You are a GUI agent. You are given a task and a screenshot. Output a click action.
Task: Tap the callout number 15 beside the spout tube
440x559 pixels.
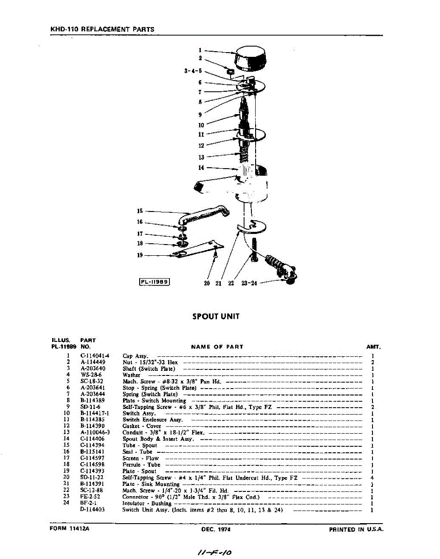click(140, 211)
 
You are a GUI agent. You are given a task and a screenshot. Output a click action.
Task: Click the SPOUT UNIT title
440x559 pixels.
click(216, 316)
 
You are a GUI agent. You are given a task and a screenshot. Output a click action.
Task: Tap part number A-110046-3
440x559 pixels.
click(95, 432)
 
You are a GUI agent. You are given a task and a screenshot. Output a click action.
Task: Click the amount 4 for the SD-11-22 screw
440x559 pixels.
click(373, 477)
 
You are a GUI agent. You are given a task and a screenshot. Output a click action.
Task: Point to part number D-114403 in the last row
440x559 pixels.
click(92, 510)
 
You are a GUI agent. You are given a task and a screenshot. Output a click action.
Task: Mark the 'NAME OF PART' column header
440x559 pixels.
click(217, 347)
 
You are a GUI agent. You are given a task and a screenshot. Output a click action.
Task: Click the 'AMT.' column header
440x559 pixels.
click(374, 347)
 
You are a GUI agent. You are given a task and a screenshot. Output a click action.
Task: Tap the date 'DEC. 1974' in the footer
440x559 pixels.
click(216, 530)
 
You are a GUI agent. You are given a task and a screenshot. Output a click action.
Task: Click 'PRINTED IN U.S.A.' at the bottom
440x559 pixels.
click(356, 530)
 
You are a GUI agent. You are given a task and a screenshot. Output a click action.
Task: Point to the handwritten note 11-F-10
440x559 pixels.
click(215, 552)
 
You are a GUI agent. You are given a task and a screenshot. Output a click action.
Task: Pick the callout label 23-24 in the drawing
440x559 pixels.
click(249, 284)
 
